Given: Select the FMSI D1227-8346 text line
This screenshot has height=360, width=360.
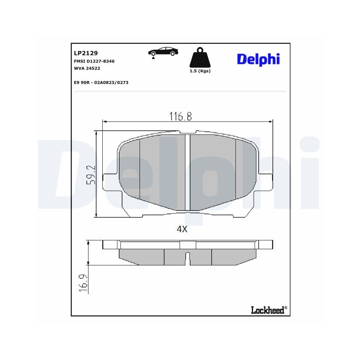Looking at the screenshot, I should click(94, 61).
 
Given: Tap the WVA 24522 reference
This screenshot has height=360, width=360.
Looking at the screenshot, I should click(87, 68).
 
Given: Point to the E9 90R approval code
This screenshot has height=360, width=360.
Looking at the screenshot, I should click(101, 82).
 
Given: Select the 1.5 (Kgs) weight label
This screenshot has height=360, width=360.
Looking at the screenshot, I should click(200, 71).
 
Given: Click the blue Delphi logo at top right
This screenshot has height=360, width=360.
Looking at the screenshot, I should click(258, 59).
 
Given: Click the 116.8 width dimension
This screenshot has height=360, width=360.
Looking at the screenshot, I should click(181, 116).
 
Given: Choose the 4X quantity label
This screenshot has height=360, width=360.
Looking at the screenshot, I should click(183, 229).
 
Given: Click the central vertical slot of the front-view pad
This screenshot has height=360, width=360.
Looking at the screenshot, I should click(187, 172).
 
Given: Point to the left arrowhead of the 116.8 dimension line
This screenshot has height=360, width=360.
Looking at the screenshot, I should click(105, 122).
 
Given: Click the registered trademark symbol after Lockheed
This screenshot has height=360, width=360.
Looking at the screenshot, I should click(286, 308).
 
